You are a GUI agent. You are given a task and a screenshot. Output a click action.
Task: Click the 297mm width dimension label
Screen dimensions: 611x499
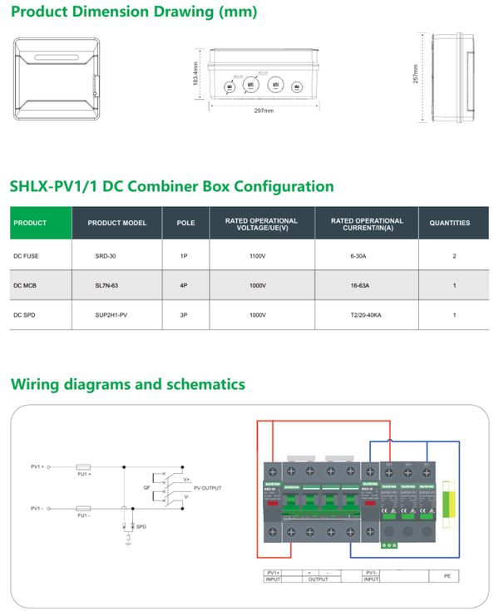tap(264, 111)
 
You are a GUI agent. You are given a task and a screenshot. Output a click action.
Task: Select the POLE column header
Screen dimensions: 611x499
tap(185, 223)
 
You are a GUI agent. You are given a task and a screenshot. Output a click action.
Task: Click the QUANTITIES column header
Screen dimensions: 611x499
tap(449, 223)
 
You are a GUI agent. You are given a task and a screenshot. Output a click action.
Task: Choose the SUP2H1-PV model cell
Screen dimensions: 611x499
tap(110, 315)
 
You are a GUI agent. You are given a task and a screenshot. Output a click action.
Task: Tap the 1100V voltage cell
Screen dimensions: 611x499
tap(257, 256)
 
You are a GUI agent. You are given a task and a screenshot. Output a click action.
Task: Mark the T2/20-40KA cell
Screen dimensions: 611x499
tap(366, 315)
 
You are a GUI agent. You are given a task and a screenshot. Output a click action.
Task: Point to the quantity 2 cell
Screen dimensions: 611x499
tap(454, 256)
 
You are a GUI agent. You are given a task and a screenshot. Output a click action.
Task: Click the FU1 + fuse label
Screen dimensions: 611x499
tap(84, 476)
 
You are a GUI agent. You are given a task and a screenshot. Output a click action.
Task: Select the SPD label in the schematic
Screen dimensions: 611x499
tap(141, 527)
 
